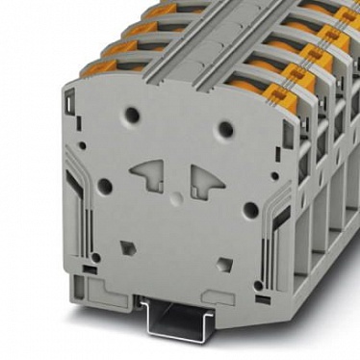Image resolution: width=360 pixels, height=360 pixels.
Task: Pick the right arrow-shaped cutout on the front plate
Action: [x=206, y=179]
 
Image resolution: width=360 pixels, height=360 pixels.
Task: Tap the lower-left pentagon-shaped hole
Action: [x=126, y=247]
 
